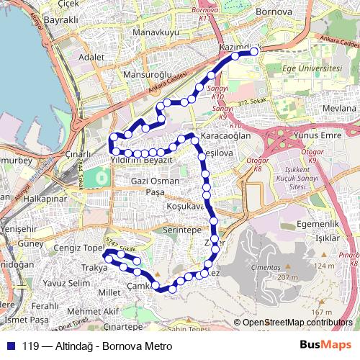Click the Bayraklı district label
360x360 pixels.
click(x=60, y=19)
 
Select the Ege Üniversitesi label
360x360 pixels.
click(x=311, y=68)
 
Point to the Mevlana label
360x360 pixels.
click(x=339, y=107)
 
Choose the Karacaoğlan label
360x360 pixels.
click(x=226, y=135)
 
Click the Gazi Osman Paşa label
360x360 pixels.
click(x=156, y=186)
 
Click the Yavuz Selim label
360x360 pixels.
click(x=66, y=283)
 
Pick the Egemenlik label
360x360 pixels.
click(x=318, y=225)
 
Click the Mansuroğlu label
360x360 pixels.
click(x=148, y=74)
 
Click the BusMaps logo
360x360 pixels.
click(x=325, y=346)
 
